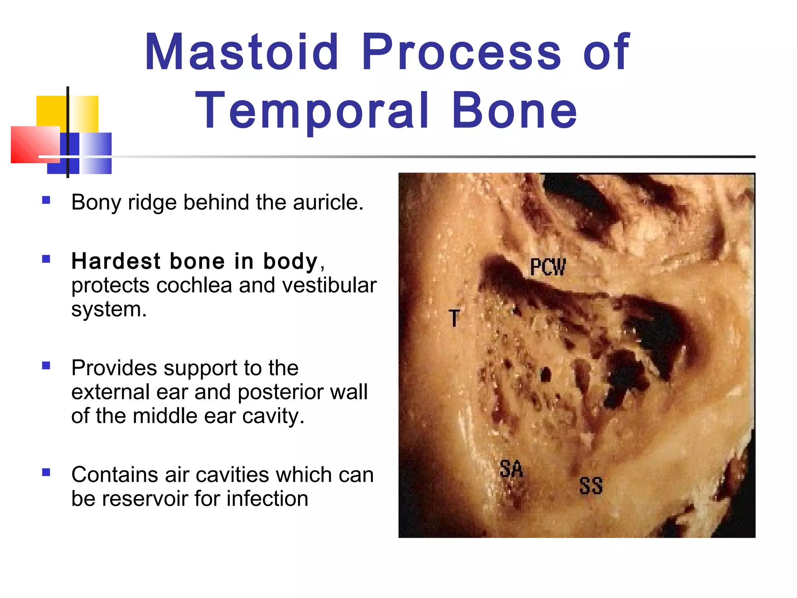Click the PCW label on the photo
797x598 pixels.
pos(548,267)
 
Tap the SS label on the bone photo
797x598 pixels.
pos(591,486)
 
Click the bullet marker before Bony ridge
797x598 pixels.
pos(46,200)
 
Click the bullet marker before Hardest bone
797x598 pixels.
pos(46,259)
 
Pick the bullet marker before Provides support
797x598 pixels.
pos(46,366)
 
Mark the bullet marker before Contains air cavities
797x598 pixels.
pos(46,472)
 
